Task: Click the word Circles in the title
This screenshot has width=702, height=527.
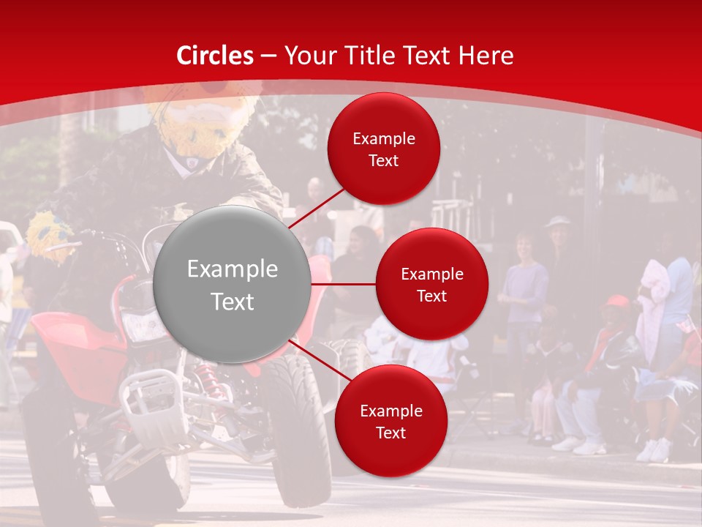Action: pyautogui.click(x=215, y=56)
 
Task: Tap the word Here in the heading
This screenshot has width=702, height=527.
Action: pyautogui.click(x=486, y=56)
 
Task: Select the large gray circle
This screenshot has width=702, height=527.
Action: pyautogui.click(x=233, y=285)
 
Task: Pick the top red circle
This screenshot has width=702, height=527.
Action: pyautogui.click(x=384, y=149)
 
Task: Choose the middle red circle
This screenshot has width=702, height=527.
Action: pyautogui.click(x=432, y=284)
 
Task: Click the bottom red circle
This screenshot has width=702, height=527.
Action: pyautogui.click(x=390, y=421)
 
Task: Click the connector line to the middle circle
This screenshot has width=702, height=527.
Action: pyautogui.click(x=344, y=284)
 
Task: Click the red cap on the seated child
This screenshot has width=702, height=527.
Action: pyautogui.click(x=617, y=301)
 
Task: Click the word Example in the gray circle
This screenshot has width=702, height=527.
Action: pyautogui.click(x=233, y=269)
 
